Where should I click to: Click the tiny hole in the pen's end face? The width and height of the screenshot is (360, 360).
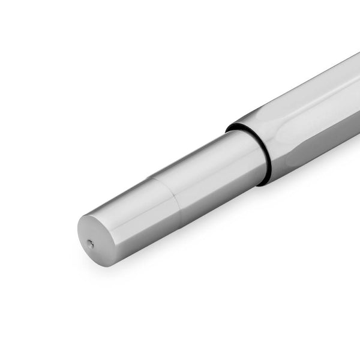[x=90, y=244]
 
